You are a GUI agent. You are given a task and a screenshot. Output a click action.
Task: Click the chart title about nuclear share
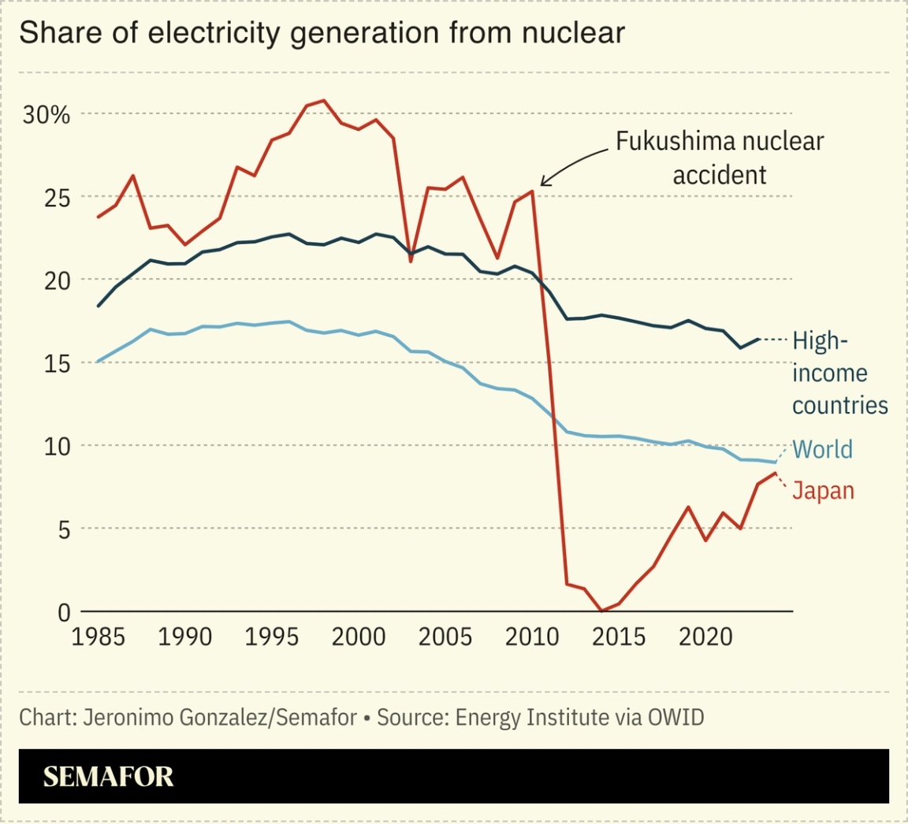pyautogui.click(x=322, y=33)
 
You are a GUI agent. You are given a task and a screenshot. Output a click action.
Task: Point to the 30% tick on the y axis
pyautogui.click(x=47, y=115)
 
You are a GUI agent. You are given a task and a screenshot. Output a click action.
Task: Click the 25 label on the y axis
pyautogui.click(x=55, y=198)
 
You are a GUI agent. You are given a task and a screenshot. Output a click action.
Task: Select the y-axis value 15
pyautogui.click(x=55, y=363)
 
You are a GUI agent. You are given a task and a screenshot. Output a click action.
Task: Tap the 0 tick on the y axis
pyautogui.click(x=64, y=612)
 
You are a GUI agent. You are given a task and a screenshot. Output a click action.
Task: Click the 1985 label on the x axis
pyautogui.click(x=99, y=637)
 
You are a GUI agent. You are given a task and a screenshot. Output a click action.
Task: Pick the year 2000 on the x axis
pyautogui.click(x=359, y=637)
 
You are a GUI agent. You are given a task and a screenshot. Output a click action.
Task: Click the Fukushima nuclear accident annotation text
pyautogui.click(x=719, y=158)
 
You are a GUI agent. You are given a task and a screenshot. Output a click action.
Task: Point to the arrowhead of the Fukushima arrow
pyautogui.click(x=542, y=185)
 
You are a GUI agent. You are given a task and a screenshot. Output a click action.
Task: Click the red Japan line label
pyautogui.click(x=823, y=491)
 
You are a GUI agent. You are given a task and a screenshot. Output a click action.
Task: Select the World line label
pyautogui.click(x=822, y=450)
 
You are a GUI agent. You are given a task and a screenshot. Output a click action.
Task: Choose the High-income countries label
pyautogui.click(x=839, y=373)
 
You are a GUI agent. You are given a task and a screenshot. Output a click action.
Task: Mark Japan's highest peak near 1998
pyautogui.click(x=324, y=101)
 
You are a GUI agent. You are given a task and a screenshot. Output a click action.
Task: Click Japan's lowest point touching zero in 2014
pyautogui.click(x=601, y=611)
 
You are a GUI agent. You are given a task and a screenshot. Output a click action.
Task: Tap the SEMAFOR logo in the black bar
pyautogui.click(x=108, y=777)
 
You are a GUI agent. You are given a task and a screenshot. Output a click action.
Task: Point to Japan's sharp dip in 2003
pyautogui.click(x=411, y=261)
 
